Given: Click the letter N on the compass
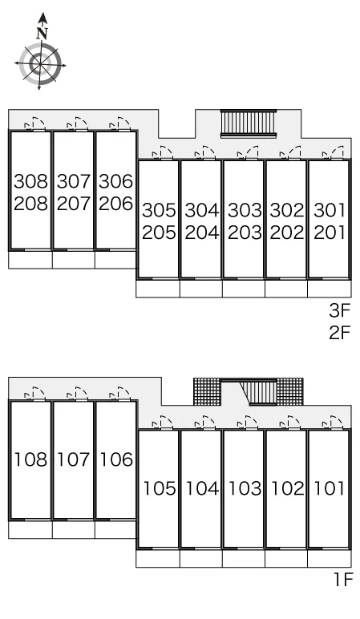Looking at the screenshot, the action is (42, 34).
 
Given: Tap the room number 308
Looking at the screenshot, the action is (30, 181).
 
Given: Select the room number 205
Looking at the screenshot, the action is (159, 233).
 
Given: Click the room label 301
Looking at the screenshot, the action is (330, 210).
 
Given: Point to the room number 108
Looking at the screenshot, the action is (30, 459).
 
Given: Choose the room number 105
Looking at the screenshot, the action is (159, 488).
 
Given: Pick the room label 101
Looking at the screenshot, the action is (330, 488).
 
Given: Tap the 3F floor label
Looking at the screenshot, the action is (340, 310).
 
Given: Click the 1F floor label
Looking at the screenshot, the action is (342, 580).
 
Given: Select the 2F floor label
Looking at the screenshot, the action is (340, 333).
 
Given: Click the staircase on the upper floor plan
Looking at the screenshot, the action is (249, 123).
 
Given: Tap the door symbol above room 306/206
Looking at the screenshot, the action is (120, 123).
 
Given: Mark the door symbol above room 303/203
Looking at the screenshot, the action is (248, 153).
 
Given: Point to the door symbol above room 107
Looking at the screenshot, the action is (77, 394).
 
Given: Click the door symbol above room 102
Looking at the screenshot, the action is (290, 423).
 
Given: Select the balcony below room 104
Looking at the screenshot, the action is (201, 559).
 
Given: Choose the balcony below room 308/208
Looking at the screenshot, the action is (30, 260).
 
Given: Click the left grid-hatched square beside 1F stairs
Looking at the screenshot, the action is (206, 391).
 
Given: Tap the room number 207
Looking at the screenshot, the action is (74, 204).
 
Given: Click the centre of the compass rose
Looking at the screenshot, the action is (40, 63).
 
